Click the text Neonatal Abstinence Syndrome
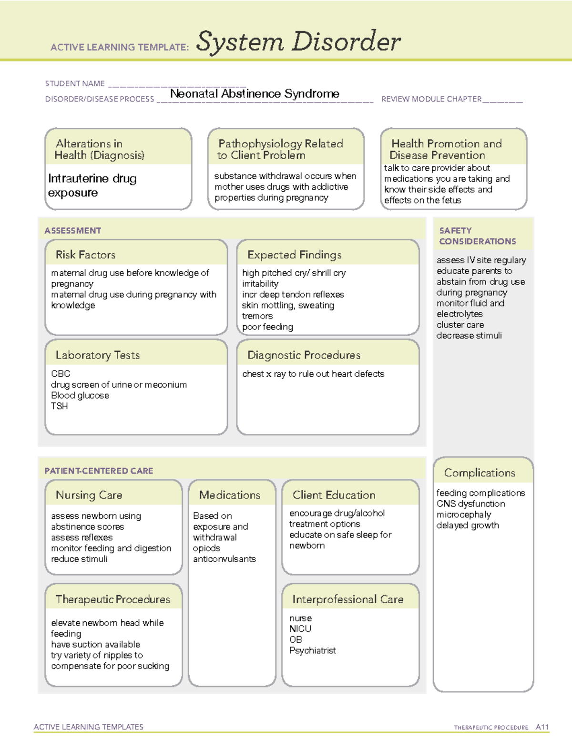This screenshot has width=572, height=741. [255, 93]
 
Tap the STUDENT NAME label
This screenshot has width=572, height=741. [75, 83]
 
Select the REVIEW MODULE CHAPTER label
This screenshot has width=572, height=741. [431, 99]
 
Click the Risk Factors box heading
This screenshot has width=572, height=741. [85, 255]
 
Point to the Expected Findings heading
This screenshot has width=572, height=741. [294, 255]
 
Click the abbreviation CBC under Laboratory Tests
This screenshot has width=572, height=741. [61, 373]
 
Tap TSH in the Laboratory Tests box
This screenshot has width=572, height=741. [60, 406]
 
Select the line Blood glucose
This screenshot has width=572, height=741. [80, 395]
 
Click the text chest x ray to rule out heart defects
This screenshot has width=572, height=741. [313, 374]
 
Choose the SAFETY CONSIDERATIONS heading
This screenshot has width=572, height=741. [477, 236]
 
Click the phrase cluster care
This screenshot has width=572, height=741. [460, 325]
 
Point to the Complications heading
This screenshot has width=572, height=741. [480, 473]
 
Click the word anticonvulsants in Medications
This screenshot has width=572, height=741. [225, 559]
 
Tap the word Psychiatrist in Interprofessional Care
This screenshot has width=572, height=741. [313, 650]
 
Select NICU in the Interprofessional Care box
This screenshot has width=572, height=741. [300, 629]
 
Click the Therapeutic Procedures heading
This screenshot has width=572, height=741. [112, 599]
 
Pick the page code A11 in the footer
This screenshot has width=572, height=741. [542, 727]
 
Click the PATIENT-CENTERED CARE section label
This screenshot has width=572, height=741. [99, 471]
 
